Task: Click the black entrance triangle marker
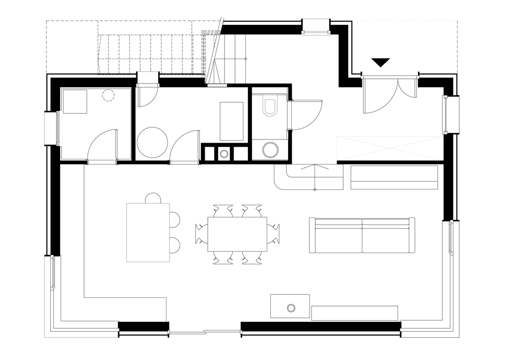click(x=380, y=62)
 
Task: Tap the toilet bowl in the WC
click(x=270, y=105)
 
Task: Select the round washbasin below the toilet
click(x=270, y=150)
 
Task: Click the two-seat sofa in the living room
click(x=362, y=235)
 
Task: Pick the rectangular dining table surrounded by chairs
click(x=237, y=234)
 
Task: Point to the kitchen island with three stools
click(x=148, y=232)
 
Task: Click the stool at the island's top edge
click(x=153, y=198)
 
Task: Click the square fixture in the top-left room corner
click(x=75, y=101)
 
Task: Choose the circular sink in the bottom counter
click(x=291, y=308)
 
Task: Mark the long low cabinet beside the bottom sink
click(x=354, y=313)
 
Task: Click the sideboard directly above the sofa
click(x=394, y=177)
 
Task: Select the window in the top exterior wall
click(x=316, y=27)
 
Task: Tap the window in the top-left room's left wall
click(x=54, y=128)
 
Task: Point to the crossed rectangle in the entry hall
click(x=389, y=148)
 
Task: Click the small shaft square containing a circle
click(x=224, y=153)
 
